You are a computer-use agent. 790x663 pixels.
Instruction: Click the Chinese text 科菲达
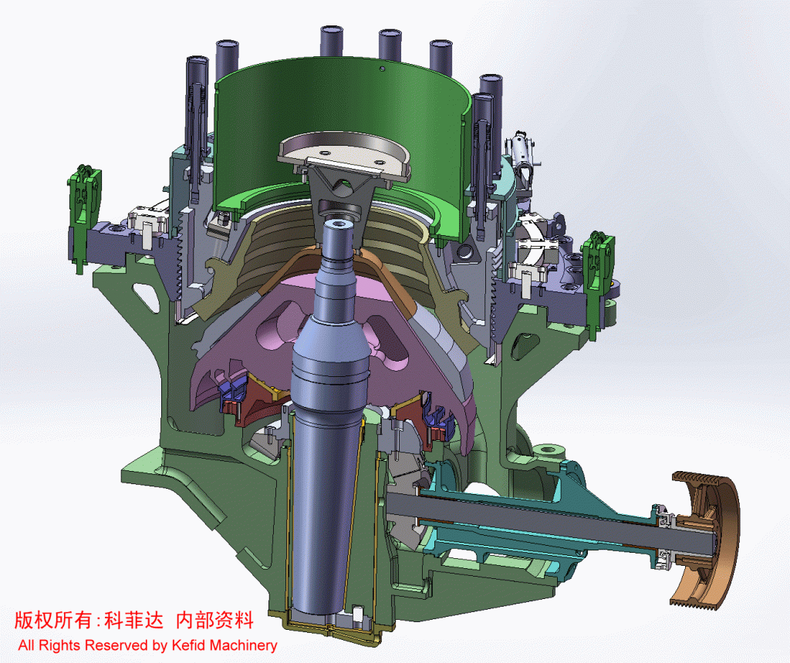point(134,620)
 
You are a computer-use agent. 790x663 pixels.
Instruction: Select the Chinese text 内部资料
point(214,620)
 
